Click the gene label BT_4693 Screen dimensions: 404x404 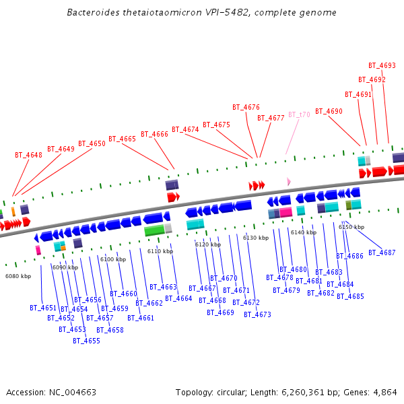click(x=382, y=66)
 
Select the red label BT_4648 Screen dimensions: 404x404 click(x=28, y=155)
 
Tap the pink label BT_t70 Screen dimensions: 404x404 click(x=299, y=114)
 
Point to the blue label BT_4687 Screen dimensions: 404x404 click(x=382, y=252)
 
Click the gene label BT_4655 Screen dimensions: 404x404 click(x=86, y=341)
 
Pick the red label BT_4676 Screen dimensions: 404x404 click(x=246, y=107)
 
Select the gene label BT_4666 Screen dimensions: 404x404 click(x=154, y=134)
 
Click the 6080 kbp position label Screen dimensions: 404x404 click(x=18, y=276)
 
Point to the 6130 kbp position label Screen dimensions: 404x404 click(x=256, y=238)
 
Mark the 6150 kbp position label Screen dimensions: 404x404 click(x=351, y=227)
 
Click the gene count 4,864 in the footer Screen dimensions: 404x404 click(x=385, y=392)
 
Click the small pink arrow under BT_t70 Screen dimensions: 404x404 click(x=289, y=182)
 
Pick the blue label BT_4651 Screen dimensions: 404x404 click(x=43, y=308)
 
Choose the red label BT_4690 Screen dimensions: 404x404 click(x=329, y=112)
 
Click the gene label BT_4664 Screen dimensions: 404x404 click(x=178, y=298)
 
